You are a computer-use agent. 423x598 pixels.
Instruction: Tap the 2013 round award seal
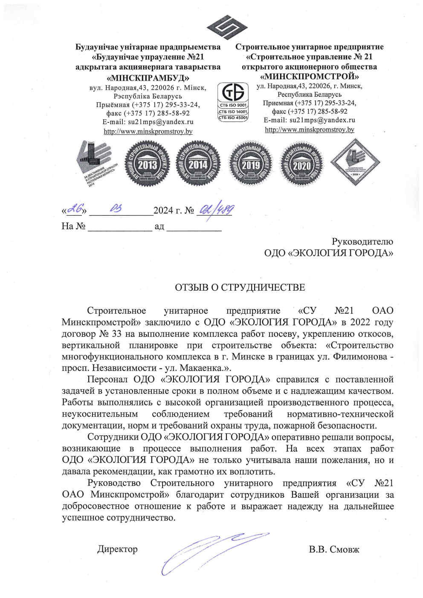click(147, 164)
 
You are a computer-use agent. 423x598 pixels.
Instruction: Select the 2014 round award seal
click(198, 164)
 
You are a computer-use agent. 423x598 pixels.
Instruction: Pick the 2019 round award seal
click(250, 164)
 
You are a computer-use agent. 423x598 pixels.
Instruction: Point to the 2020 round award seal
click(301, 164)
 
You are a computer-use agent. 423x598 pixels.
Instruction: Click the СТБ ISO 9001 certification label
click(233, 105)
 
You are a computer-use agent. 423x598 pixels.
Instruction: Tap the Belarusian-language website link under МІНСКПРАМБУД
click(148, 131)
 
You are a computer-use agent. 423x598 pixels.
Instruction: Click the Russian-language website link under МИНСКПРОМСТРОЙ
click(309, 130)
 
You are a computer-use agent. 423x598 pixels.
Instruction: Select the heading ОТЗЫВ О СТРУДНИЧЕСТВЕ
click(240, 287)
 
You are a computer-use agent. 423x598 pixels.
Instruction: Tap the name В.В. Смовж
click(334, 549)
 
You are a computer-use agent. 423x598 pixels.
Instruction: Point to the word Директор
click(117, 549)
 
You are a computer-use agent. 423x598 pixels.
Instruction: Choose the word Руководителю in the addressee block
click(362, 242)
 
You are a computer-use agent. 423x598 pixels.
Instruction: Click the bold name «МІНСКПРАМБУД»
click(148, 78)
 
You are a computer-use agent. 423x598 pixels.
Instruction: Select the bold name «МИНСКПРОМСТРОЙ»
click(309, 77)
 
